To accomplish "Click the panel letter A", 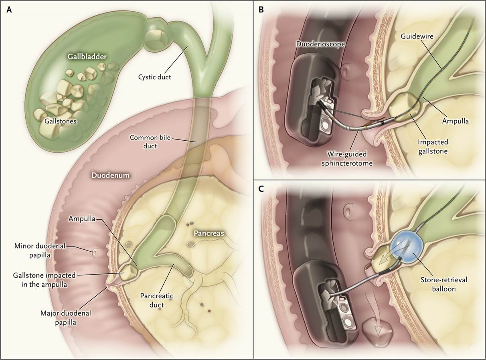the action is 9,10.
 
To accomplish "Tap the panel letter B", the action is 261,10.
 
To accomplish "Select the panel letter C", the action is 261,189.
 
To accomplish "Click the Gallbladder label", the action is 87,57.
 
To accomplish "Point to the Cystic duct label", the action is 154,77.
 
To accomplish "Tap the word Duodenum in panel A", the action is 110,175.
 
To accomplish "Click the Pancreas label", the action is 209,233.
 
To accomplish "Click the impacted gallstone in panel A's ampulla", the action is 128,272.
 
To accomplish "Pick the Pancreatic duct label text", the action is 156,300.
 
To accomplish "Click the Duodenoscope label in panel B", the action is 320,44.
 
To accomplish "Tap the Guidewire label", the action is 417,36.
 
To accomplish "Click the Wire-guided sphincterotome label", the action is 347,158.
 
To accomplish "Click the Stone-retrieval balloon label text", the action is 444,284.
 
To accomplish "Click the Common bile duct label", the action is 150,142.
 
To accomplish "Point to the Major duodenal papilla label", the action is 65,318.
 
